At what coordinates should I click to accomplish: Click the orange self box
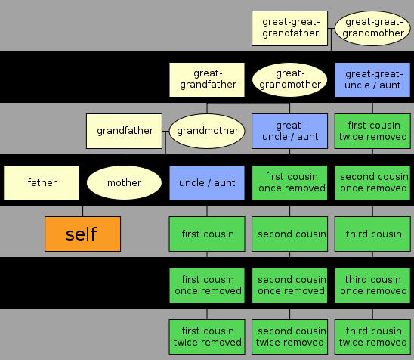82,234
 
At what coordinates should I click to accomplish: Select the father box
42,182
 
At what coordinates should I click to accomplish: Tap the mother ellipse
124,182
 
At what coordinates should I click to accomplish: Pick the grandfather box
124,131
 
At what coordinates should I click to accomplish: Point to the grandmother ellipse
207,131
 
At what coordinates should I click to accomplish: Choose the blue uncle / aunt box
207,182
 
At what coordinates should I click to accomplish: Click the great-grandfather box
207,80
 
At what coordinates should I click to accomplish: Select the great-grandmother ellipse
289,80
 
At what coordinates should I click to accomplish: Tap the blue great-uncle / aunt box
289,131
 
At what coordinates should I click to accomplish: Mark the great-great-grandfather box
289,28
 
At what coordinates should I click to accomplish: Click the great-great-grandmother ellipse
372,28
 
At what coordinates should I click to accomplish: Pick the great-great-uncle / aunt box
372,80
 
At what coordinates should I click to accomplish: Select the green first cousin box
207,234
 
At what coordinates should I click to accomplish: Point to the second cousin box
289,234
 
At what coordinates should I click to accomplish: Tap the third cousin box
372,234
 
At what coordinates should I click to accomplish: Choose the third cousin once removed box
372,285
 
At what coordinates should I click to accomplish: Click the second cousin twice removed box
289,337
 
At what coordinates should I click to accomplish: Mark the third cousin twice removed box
372,337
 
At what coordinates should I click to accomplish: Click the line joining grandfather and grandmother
165,131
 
